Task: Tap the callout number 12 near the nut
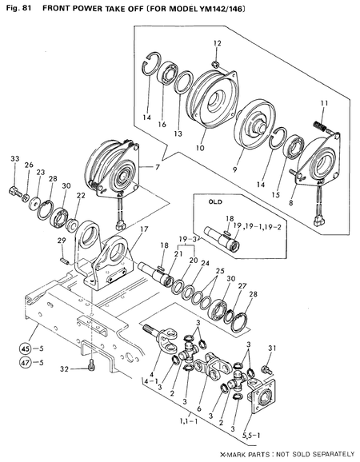217,42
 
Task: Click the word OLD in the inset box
214,202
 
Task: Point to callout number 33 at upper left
14,160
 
